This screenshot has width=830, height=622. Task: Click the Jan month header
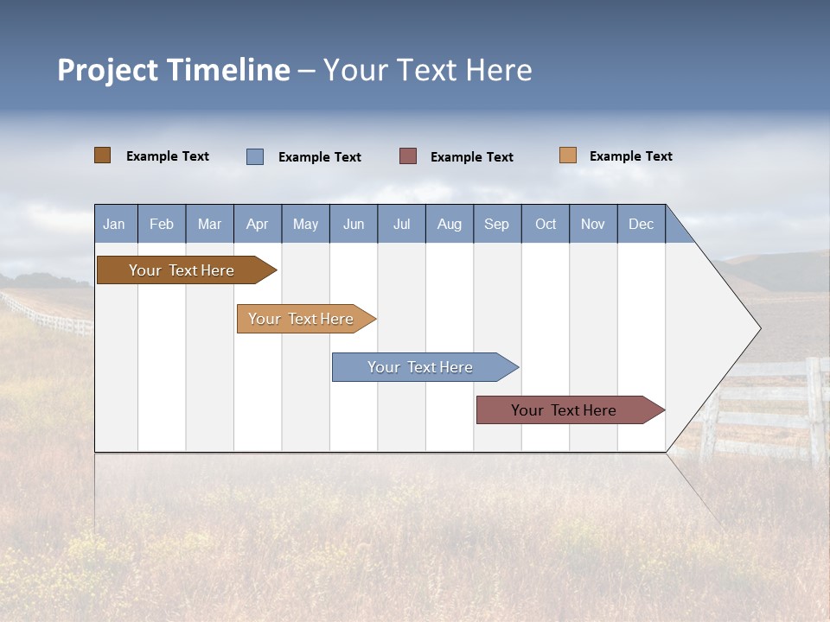tap(115, 224)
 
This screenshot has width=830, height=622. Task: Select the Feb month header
tap(162, 224)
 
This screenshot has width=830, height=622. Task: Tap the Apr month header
tap(258, 224)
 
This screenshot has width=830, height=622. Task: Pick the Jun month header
tap(354, 224)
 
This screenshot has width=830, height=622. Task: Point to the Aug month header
tap(450, 224)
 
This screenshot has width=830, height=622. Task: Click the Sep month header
tap(497, 224)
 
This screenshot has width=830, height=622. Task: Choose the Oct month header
tap(546, 224)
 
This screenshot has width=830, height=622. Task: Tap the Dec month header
tap(642, 224)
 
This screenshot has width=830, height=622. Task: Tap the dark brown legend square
tap(103, 155)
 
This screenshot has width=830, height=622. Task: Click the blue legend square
tap(255, 156)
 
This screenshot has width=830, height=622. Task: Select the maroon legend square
tap(408, 155)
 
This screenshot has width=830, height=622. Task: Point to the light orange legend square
tap(568, 155)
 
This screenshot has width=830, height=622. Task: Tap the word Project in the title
tap(107, 70)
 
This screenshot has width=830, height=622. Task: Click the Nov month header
tap(593, 224)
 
